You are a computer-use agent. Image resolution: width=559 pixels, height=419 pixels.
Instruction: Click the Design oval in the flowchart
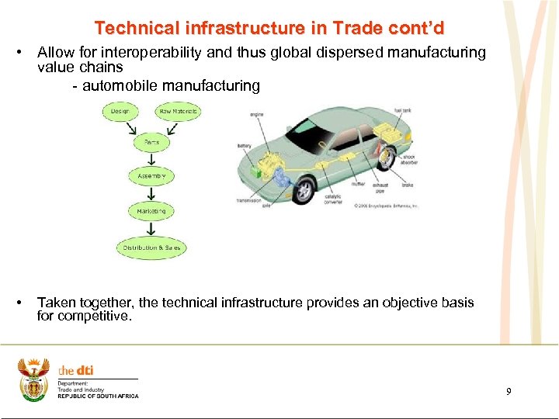[120, 111]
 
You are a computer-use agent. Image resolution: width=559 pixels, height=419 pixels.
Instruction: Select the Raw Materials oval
[179, 111]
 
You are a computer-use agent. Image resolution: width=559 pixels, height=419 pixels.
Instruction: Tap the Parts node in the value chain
[151, 142]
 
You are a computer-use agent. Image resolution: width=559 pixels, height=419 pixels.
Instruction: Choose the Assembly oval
[151, 176]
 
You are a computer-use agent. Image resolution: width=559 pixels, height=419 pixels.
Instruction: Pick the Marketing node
[151, 211]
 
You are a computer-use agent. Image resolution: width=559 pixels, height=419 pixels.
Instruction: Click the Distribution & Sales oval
[151, 248]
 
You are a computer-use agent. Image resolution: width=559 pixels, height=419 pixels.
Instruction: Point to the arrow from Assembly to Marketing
[151, 193]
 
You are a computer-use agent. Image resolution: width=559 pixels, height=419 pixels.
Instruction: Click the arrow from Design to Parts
[131, 127]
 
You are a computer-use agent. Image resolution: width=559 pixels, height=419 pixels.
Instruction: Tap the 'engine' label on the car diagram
[257, 115]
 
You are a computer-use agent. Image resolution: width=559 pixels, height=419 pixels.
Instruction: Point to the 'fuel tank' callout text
[402, 111]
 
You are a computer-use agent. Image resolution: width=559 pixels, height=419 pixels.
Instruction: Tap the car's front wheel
[303, 189]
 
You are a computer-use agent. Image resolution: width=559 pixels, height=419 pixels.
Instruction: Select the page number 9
[509, 392]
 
